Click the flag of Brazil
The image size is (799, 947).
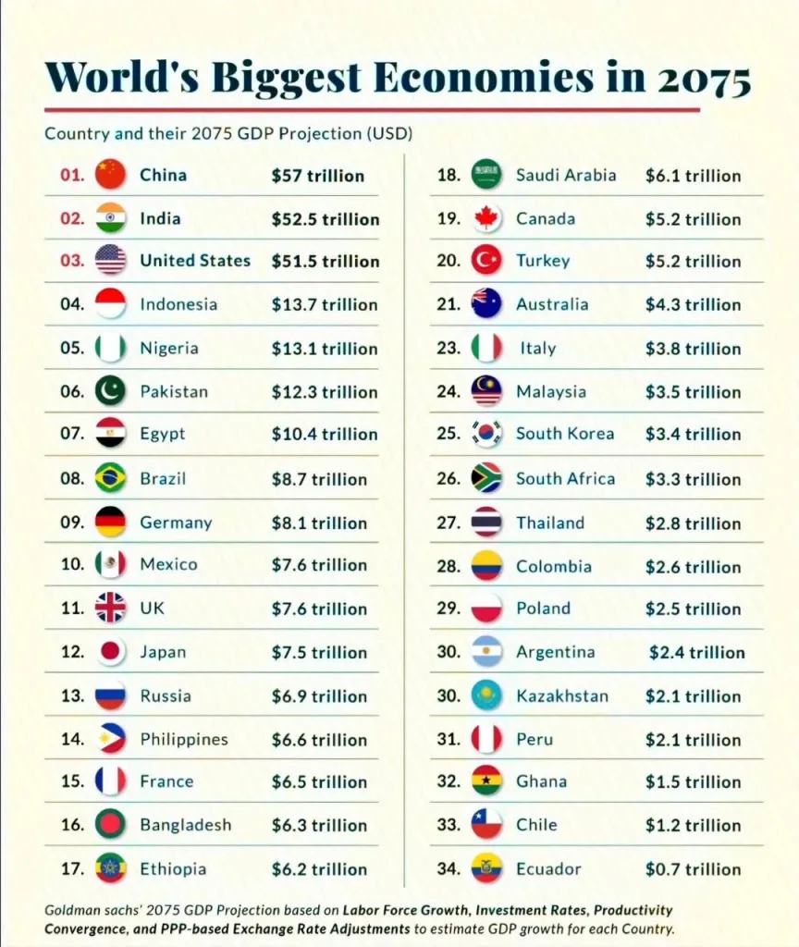(110, 478)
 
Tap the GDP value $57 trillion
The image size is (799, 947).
(317, 176)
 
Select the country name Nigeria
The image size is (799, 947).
(168, 349)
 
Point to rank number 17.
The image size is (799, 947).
(73, 868)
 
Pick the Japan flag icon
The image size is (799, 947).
(110, 652)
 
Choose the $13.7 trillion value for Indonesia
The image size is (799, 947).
(324, 305)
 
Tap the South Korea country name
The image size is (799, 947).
(564, 434)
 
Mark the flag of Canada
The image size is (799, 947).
(486, 218)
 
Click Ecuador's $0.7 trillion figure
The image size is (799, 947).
(693, 869)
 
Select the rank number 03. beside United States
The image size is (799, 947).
(73, 261)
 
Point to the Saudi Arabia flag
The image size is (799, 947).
(486, 175)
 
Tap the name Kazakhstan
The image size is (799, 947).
(561, 695)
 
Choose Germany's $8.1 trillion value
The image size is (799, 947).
(318, 523)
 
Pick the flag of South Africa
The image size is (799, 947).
(486, 478)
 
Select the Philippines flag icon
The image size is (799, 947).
(110, 739)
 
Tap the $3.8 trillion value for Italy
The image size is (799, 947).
(693, 349)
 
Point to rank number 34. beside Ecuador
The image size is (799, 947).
(449, 868)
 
